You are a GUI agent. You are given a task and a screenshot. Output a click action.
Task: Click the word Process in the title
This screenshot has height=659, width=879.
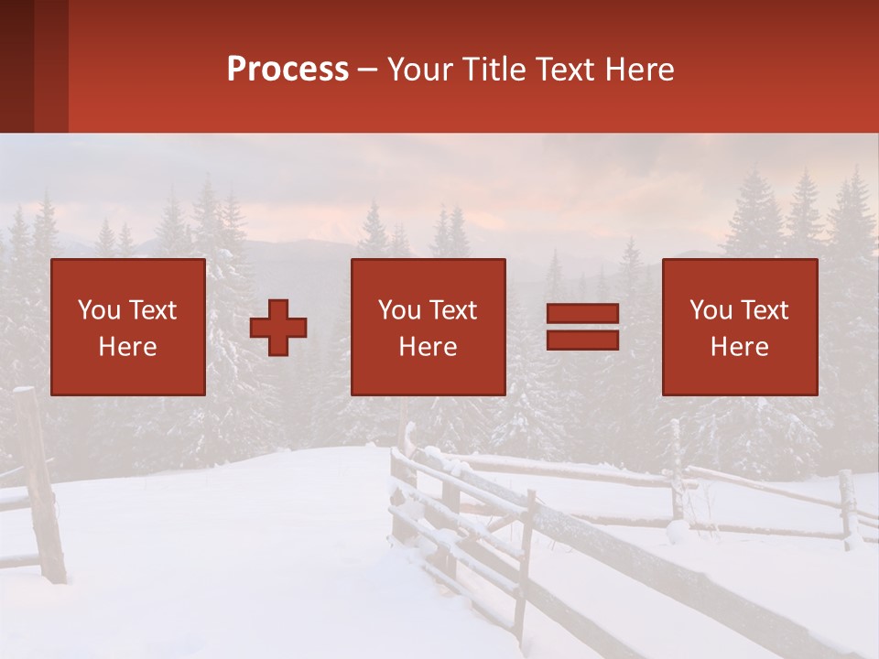pos(288,70)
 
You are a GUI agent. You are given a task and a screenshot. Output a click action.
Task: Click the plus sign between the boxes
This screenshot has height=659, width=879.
pos(278,328)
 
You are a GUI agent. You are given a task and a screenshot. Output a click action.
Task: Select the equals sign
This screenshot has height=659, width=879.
pos(582,328)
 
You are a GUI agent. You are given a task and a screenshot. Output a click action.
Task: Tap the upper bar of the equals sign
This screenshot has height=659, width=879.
pos(582,315)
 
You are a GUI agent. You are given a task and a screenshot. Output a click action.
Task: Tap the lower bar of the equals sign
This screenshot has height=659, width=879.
pos(582,340)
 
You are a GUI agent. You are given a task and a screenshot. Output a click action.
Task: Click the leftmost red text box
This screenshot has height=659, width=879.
pos(128,327)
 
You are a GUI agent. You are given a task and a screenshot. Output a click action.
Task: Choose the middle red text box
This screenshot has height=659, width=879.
pos(429,327)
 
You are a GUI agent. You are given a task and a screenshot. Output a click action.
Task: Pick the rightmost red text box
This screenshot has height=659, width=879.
pos(740,327)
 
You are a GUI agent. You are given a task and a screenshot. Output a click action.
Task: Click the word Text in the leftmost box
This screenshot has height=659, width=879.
pos(153,310)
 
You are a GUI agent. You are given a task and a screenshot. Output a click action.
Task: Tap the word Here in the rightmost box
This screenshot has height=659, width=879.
pos(740,347)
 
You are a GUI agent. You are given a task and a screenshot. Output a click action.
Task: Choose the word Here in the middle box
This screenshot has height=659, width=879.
pos(429,347)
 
